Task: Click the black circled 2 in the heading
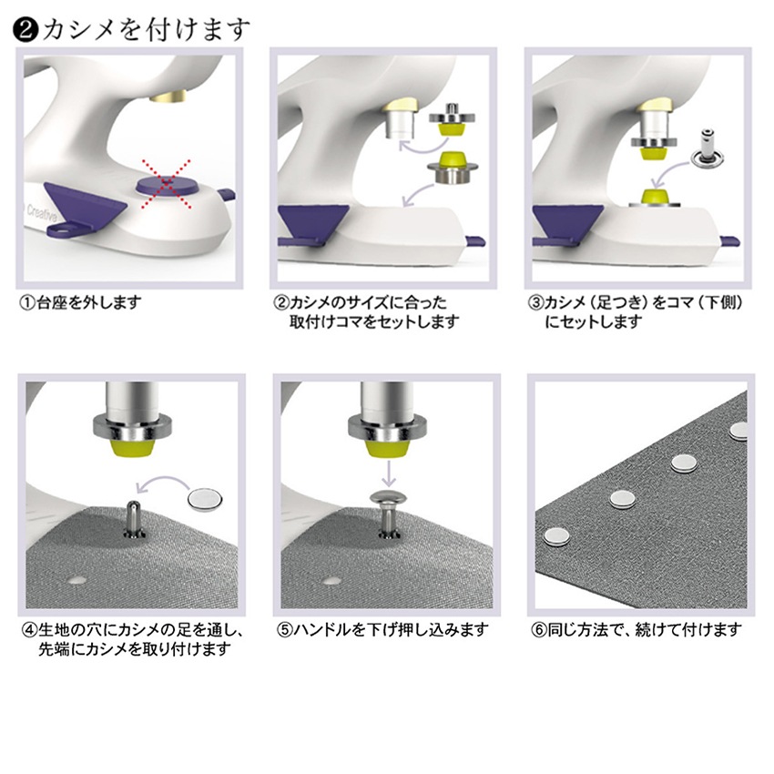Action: [x=25, y=30]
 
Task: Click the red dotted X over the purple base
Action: [x=167, y=183]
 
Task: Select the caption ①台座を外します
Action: [x=80, y=302]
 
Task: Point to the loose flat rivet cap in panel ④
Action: [x=205, y=499]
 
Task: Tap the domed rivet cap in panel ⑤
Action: [x=389, y=499]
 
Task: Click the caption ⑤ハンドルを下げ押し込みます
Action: [x=382, y=630]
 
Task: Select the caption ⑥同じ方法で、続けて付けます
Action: [x=637, y=630]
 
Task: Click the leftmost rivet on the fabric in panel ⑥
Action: [x=556, y=536]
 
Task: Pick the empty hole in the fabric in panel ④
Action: [x=76, y=579]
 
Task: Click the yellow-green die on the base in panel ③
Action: [x=655, y=195]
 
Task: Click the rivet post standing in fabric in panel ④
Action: [x=134, y=519]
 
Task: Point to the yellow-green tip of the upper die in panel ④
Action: [x=134, y=448]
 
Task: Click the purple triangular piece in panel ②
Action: [x=313, y=220]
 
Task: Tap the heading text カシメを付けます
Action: [x=147, y=30]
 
